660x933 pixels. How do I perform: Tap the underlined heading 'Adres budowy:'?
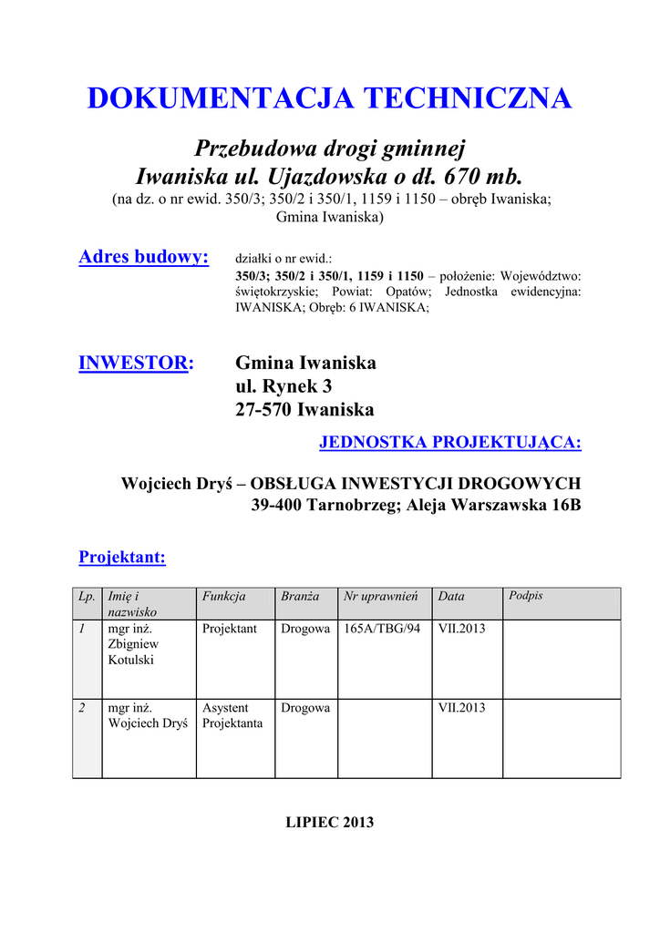point(144,257)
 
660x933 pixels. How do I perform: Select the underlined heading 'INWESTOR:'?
point(136,364)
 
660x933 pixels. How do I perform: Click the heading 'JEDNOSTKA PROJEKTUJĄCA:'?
point(450,443)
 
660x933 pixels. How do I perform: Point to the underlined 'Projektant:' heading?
point(122,557)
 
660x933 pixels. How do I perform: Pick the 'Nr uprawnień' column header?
point(381,596)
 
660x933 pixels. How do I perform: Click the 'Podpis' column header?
point(526,595)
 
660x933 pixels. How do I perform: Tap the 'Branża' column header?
point(300,596)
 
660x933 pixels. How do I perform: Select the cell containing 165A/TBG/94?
point(382,629)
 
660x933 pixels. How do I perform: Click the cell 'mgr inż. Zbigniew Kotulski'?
point(131,644)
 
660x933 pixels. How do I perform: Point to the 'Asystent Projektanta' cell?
point(232,715)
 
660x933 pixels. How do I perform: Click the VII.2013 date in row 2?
point(462,708)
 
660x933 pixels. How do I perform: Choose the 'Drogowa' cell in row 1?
point(305,629)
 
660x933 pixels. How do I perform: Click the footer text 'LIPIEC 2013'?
point(330,822)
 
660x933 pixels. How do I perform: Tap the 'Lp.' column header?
point(88,596)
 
